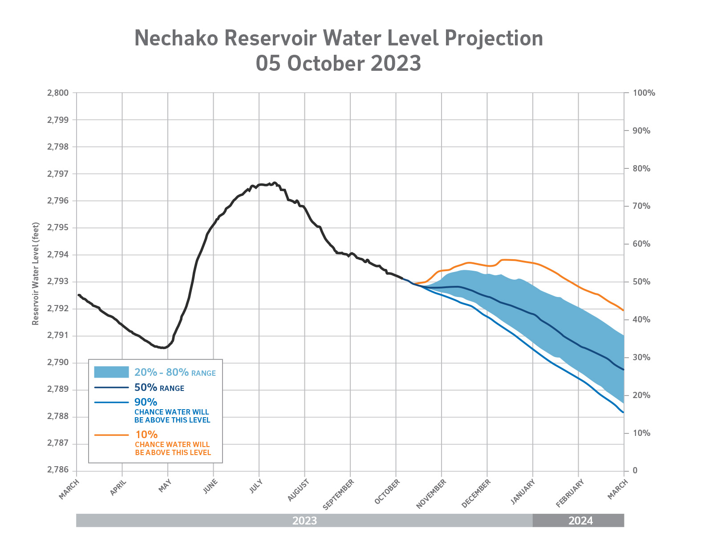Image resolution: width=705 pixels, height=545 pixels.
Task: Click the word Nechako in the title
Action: pos(176,38)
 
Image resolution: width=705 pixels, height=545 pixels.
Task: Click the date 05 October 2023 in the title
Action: pos(338,63)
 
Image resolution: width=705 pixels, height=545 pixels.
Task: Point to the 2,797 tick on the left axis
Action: pos(58,174)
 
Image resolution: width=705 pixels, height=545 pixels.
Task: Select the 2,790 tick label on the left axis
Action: pos(58,363)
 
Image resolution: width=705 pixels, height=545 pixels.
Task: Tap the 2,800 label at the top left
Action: pos(58,93)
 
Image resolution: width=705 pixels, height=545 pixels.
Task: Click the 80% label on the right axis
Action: pos(641,169)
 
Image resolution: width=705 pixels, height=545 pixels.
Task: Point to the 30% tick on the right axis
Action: pos(641,358)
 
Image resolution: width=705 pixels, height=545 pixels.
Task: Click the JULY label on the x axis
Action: pos(256,487)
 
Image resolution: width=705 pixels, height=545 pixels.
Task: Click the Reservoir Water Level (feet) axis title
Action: pos(36,274)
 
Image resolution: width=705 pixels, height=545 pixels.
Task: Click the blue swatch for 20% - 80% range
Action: pos(111,372)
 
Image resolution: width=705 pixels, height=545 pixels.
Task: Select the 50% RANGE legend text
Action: pos(159,388)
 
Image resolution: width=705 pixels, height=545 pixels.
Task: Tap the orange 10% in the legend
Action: pos(146,435)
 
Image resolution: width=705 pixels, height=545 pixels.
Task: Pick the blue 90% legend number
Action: pos(146,402)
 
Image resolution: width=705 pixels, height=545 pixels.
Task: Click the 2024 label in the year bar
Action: pos(580,521)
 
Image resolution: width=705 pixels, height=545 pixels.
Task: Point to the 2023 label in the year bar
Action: pos(304,521)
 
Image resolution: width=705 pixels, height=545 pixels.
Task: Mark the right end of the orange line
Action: pos(623,310)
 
